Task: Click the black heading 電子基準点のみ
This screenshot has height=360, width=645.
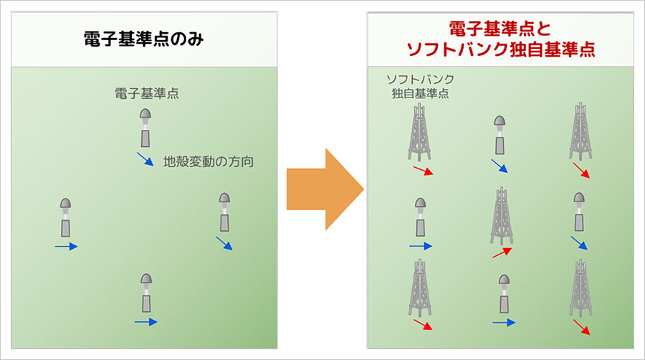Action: (x=142, y=39)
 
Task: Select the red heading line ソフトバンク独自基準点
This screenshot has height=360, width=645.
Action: (x=501, y=50)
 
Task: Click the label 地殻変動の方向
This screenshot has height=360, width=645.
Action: (x=208, y=161)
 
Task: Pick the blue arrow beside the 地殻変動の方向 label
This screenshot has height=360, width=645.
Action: (x=144, y=159)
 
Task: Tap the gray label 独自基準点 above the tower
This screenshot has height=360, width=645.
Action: (x=420, y=93)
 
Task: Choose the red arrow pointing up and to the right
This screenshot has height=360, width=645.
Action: (x=502, y=252)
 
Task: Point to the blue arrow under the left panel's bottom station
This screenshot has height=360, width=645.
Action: (x=145, y=323)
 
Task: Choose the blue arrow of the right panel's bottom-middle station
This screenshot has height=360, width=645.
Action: (x=503, y=323)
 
